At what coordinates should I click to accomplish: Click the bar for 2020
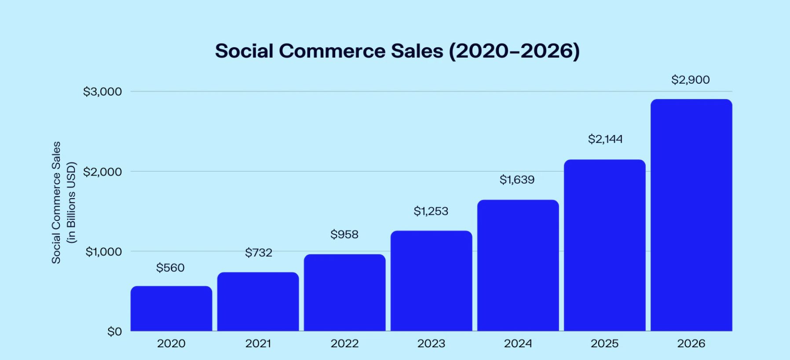coord(171,309)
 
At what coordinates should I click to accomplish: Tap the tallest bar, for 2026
coord(691,215)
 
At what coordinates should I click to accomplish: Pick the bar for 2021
coord(258,301)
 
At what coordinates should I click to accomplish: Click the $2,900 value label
coord(690,80)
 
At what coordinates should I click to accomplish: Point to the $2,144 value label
coord(605,139)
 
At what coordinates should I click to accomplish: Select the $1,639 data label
coord(517,180)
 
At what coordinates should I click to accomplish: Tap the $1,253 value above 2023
coord(431,211)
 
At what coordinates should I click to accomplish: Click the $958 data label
coord(344,234)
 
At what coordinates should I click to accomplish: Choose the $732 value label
coord(259,253)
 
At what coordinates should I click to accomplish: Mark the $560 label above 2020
coord(170,268)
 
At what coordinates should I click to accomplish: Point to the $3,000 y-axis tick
coord(102,92)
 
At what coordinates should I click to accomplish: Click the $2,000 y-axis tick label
coord(102,172)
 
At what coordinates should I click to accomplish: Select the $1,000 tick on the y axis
coord(103,252)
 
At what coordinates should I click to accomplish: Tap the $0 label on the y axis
coord(114,331)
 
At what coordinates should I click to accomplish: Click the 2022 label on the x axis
coord(344,343)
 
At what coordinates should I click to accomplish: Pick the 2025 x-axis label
coord(604,343)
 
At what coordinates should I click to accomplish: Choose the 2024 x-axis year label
coord(518,343)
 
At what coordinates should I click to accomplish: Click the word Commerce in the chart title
coord(332,51)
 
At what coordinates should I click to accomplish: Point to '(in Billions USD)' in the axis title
coord(71,203)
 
